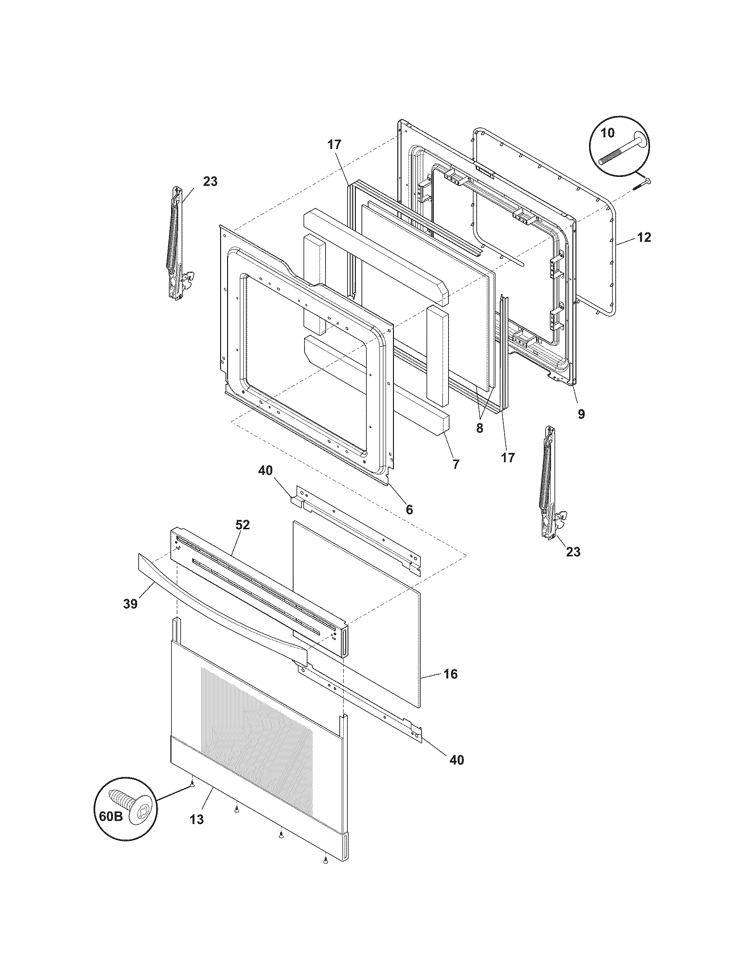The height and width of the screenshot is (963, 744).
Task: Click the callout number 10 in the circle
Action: click(607, 132)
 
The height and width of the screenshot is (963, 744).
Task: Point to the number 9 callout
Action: click(581, 414)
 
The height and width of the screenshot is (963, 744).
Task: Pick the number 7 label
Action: click(455, 464)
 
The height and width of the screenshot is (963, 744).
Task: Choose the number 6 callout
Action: click(409, 509)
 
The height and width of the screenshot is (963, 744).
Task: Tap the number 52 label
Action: click(242, 525)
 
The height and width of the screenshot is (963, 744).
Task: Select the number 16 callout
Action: click(450, 686)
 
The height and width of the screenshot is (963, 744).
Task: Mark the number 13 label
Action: click(197, 819)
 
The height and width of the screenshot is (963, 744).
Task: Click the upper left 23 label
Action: click(210, 181)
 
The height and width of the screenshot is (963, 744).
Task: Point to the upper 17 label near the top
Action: click(334, 144)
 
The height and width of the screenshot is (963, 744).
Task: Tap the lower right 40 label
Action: click(456, 760)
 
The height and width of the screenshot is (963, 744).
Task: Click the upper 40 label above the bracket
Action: click(265, 471)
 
